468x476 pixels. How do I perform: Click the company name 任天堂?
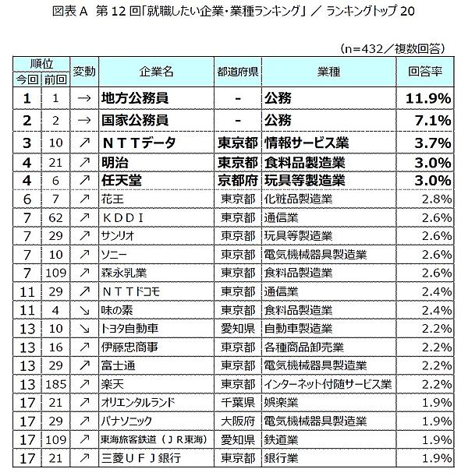[122, 182]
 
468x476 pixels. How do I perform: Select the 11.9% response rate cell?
[427, 98]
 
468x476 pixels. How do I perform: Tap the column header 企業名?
[155, 71]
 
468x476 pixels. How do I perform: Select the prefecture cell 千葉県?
[238, 404]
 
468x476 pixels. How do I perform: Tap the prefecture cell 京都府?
[238, 182]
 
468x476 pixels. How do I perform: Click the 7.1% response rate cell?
[433, 120]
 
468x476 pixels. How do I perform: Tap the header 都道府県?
[238, 71]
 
